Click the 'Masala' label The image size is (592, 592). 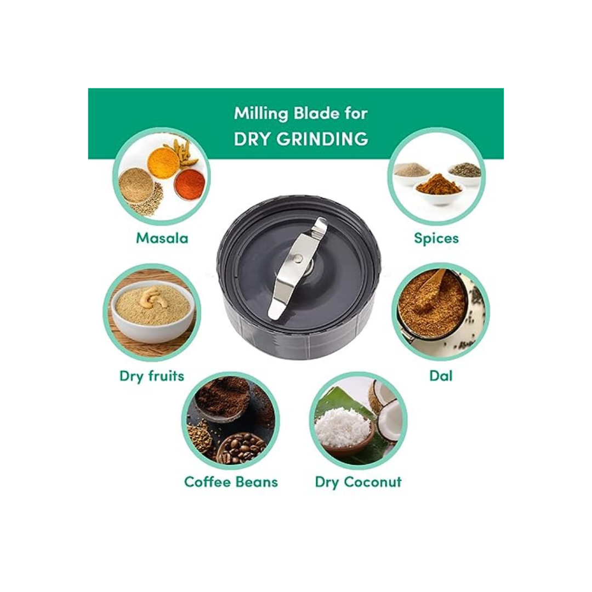pos(162,238)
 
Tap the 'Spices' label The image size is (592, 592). pos(436,238)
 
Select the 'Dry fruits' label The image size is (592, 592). pos(152,376)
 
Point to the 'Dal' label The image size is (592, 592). pos(441,375)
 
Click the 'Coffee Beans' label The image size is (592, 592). pos(231,482)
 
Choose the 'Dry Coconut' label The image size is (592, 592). pos(358,482)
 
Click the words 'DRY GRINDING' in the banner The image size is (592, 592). pos(301,139)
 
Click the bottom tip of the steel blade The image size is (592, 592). pos(272,315)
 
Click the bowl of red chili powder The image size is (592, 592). pos(190,184)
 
